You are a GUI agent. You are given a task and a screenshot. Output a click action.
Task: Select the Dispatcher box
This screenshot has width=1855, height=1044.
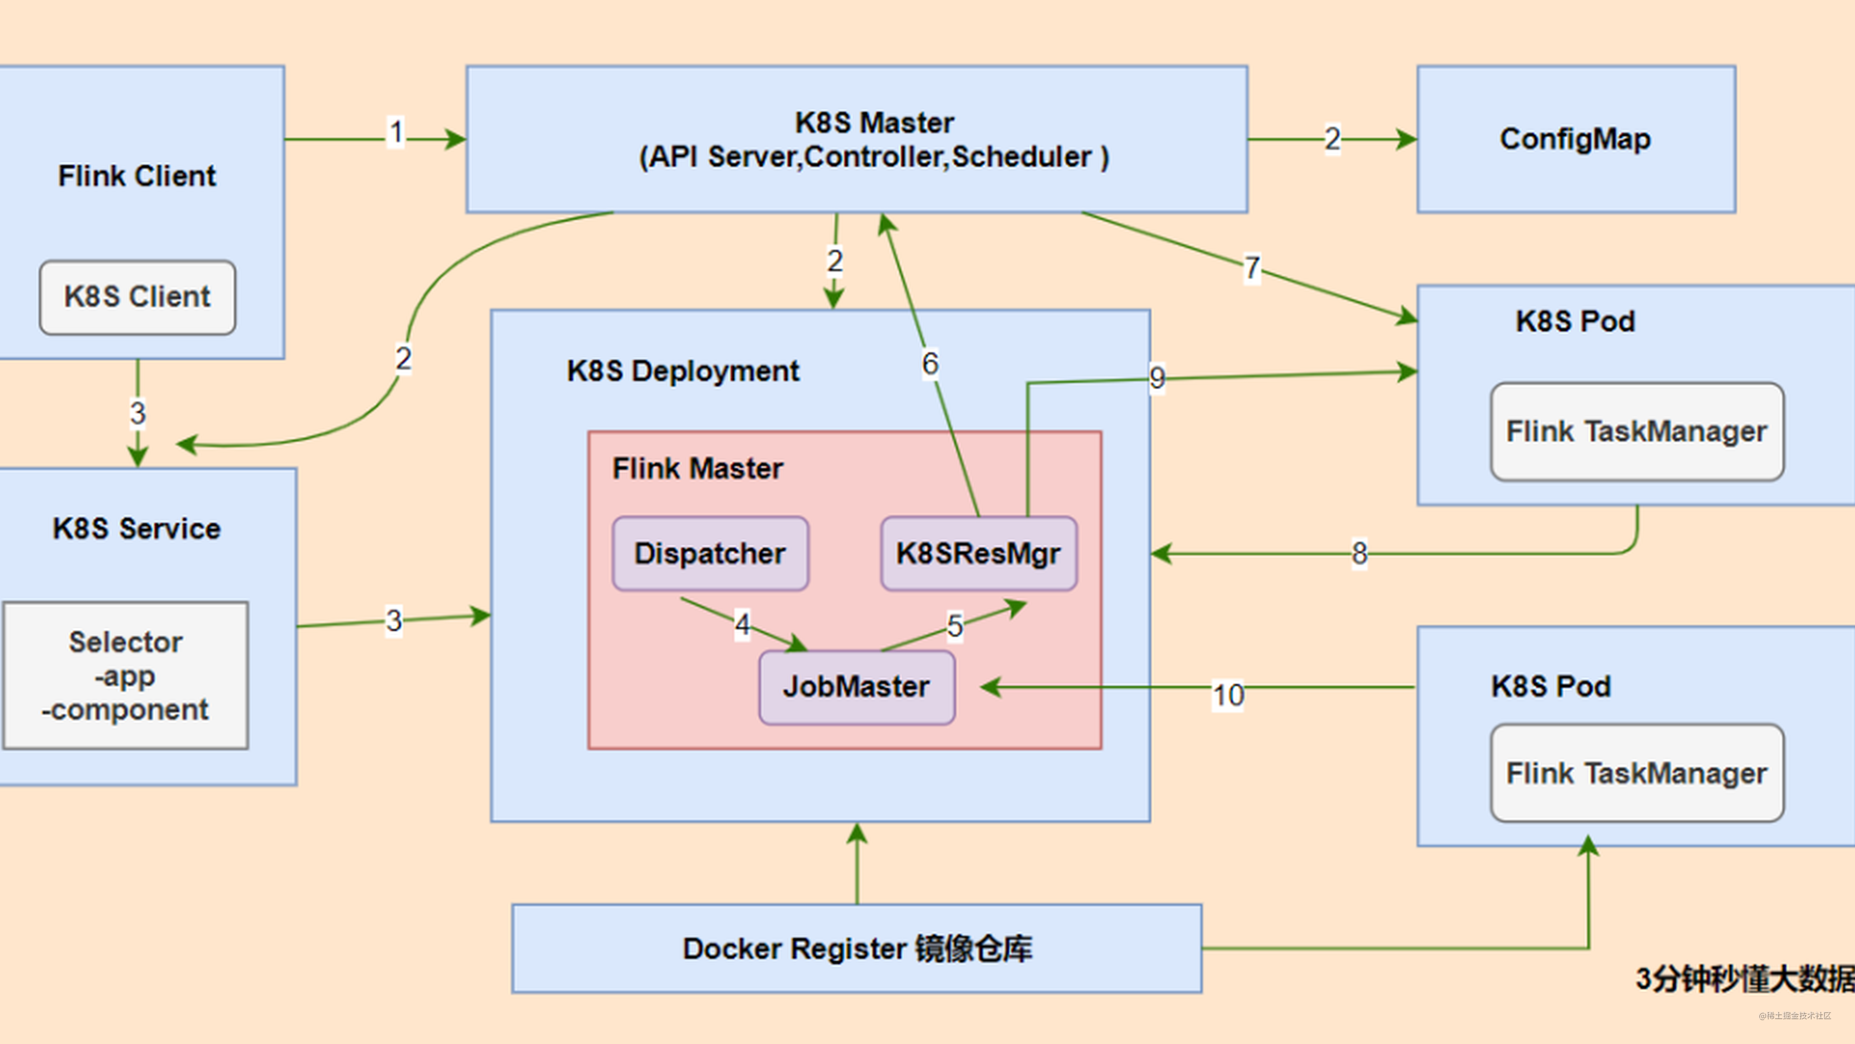[710, 554]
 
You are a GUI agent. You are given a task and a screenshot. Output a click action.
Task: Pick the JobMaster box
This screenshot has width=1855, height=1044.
[857, 687]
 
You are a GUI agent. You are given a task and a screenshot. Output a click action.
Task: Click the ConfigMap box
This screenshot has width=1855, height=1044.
[1576, 139]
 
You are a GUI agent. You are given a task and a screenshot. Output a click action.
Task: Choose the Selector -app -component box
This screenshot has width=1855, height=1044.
[126, 675]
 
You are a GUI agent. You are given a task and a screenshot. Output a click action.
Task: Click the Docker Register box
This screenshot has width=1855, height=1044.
[857, 948]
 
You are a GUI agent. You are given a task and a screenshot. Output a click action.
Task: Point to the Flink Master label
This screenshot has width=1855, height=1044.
[697, 469]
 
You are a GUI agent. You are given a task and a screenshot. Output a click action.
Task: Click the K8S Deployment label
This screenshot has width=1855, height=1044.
[683, 371]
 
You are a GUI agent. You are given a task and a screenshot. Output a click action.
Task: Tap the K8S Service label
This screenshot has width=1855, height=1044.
[137, 528]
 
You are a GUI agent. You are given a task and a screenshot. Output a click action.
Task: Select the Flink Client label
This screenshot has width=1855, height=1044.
[137, 176]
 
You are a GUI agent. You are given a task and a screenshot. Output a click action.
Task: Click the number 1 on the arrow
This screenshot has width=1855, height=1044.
[395, 133]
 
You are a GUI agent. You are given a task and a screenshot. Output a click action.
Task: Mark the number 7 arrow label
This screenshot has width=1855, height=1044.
[1252, 268]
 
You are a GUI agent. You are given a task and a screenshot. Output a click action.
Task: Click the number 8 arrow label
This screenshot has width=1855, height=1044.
[1359, 554]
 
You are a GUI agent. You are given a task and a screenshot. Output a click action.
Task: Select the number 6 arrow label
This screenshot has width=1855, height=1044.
[930, 364]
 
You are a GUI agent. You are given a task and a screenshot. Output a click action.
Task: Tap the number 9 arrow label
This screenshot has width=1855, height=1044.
[1156, 377]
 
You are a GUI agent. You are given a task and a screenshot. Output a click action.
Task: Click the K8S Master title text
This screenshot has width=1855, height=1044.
[874, 123]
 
